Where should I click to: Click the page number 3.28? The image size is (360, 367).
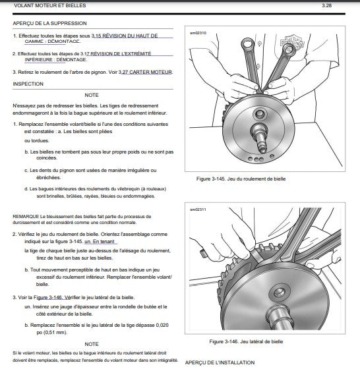pos(326,5)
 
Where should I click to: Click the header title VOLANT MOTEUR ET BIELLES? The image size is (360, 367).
pos(50,5)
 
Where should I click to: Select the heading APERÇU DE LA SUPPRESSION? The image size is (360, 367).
pos(49,23)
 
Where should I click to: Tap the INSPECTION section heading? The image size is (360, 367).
pos(28,84)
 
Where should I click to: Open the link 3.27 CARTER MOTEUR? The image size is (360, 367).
pos(146,72)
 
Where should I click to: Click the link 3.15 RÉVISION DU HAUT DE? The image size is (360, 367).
pos(125,36)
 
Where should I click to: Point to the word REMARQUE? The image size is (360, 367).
pos(26,217)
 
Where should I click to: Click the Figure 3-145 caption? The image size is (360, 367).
pos(241,179)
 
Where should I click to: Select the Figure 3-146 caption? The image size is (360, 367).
pos(246,341)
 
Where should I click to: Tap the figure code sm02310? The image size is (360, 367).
pos(198,33)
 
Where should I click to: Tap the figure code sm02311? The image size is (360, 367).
pos(198,210)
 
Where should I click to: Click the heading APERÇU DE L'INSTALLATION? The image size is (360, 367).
pos(220,362)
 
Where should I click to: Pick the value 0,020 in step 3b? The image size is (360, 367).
pos(162,325)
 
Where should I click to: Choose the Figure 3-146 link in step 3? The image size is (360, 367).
pos(47,297)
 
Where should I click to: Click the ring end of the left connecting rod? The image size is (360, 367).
pos(247,43)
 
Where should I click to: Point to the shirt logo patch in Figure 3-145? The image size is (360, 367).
pos(292,43)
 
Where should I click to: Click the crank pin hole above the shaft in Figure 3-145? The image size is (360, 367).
pos(260,114)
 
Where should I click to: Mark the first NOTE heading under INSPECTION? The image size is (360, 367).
pos(92,96)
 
